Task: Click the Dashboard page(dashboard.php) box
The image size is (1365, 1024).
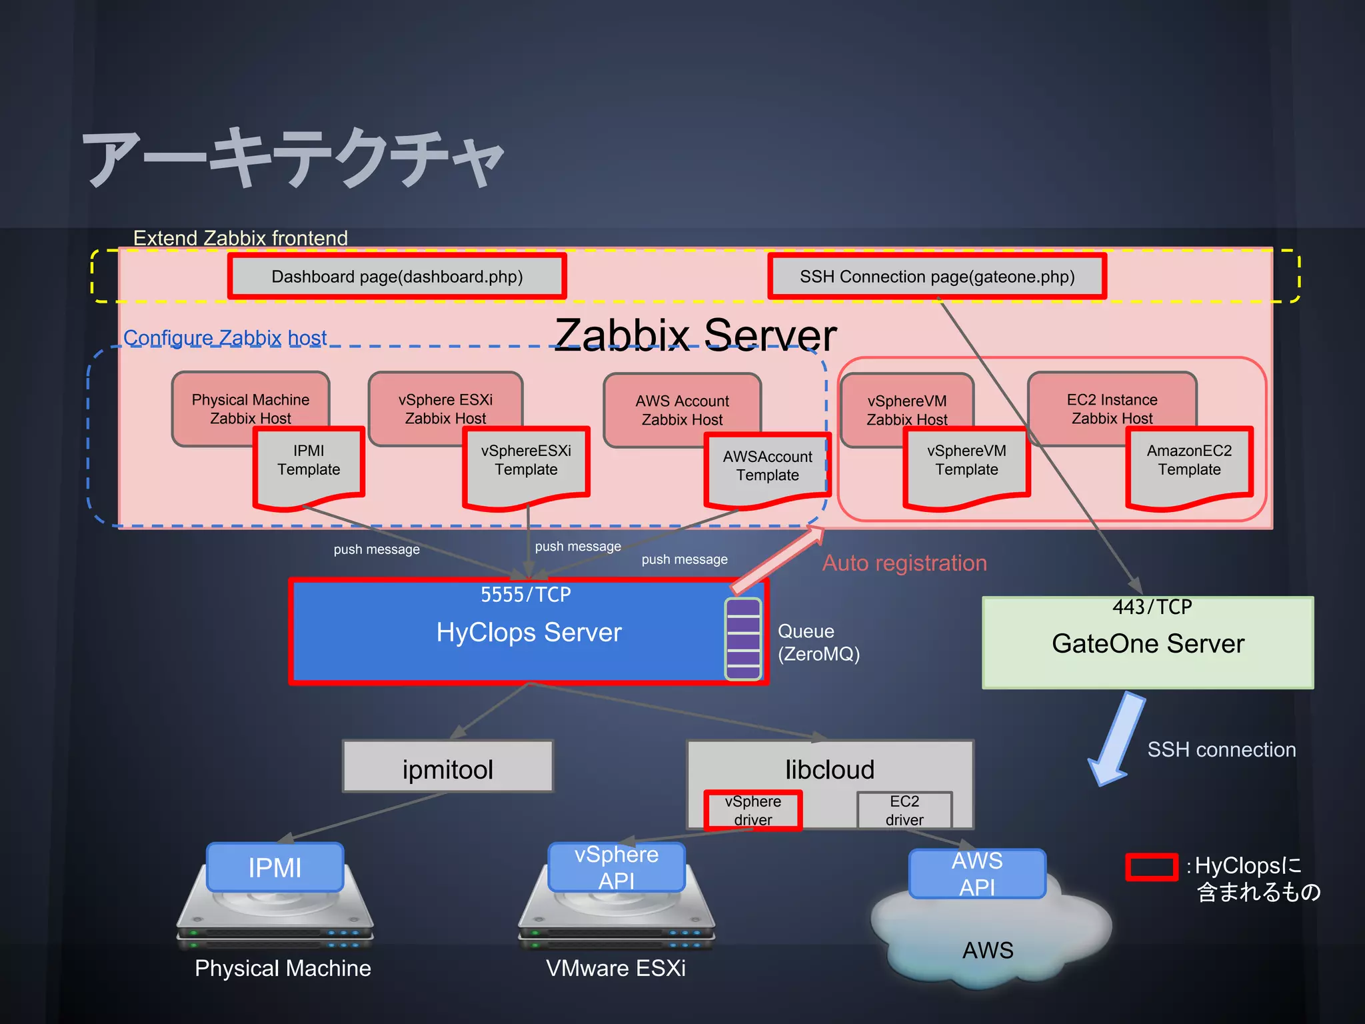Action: (x=397, y=276)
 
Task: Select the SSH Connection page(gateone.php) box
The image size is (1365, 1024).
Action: (x=937, y=276)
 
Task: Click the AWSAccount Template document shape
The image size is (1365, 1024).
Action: (x=767, y=470)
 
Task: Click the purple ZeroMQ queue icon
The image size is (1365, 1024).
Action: (x=743, y=639)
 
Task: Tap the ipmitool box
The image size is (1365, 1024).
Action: (x=448, y=767)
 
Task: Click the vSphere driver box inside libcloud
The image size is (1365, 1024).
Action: (x=753, y=811)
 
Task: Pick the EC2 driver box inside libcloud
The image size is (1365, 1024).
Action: (x=904, y=811)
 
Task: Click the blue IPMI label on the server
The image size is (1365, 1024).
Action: (x=275, y=867)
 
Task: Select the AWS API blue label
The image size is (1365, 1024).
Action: (x=977, y=873)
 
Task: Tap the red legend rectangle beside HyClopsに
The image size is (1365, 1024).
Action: (x=1152, y=867)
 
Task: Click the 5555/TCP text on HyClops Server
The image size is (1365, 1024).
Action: (x=526, y=594)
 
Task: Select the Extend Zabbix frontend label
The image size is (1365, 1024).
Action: (x=241, y=238)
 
